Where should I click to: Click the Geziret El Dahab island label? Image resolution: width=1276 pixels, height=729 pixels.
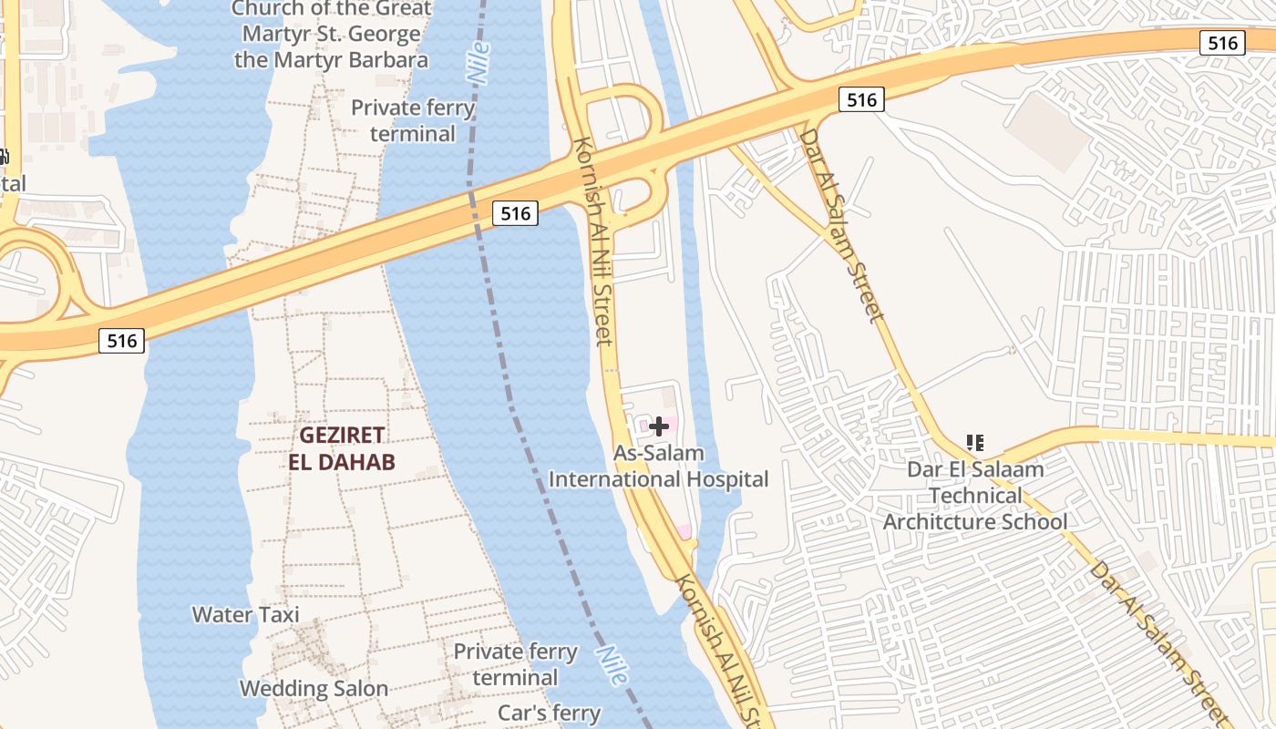pyautogui.click(x=342, y=448)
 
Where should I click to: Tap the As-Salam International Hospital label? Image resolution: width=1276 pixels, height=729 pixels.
pyautogui.click(x=659, y=467)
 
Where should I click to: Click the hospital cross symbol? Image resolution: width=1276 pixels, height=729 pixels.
pyautogui.click(x=659, y=426)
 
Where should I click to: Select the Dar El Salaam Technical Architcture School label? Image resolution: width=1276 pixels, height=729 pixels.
pyautogui.click(x=975, y=496)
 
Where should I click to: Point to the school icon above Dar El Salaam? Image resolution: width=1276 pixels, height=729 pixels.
pyautogui.click(x=975, y=444)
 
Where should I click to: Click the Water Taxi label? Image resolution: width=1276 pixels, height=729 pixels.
pyautogui.click(x=245, y=615)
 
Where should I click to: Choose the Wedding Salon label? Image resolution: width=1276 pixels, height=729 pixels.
pyautogui.click(x=314, y=688)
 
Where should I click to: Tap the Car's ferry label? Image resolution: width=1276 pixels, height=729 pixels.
pyautogui.click(x=549, y=713)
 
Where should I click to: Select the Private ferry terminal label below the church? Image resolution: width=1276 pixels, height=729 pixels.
pyautogui.click(x=413, y=120)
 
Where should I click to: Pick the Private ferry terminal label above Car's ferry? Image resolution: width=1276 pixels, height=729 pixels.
pyautogui.click(x=515, y=664)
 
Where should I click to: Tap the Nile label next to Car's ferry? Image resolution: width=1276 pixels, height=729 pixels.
pyautogui.click(x=612, y=665)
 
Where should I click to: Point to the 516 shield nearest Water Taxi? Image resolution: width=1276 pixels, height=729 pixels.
pyautogui.click(x=121, y=341)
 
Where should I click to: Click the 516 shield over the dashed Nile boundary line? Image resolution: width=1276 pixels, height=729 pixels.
pyautogui.click(x=515, y=213)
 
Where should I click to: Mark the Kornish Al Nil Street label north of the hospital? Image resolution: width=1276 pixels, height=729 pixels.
pyautogui.click(x=592, y=241)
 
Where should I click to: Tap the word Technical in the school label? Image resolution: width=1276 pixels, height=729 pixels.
pyautogui.click(x=975, y=496)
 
